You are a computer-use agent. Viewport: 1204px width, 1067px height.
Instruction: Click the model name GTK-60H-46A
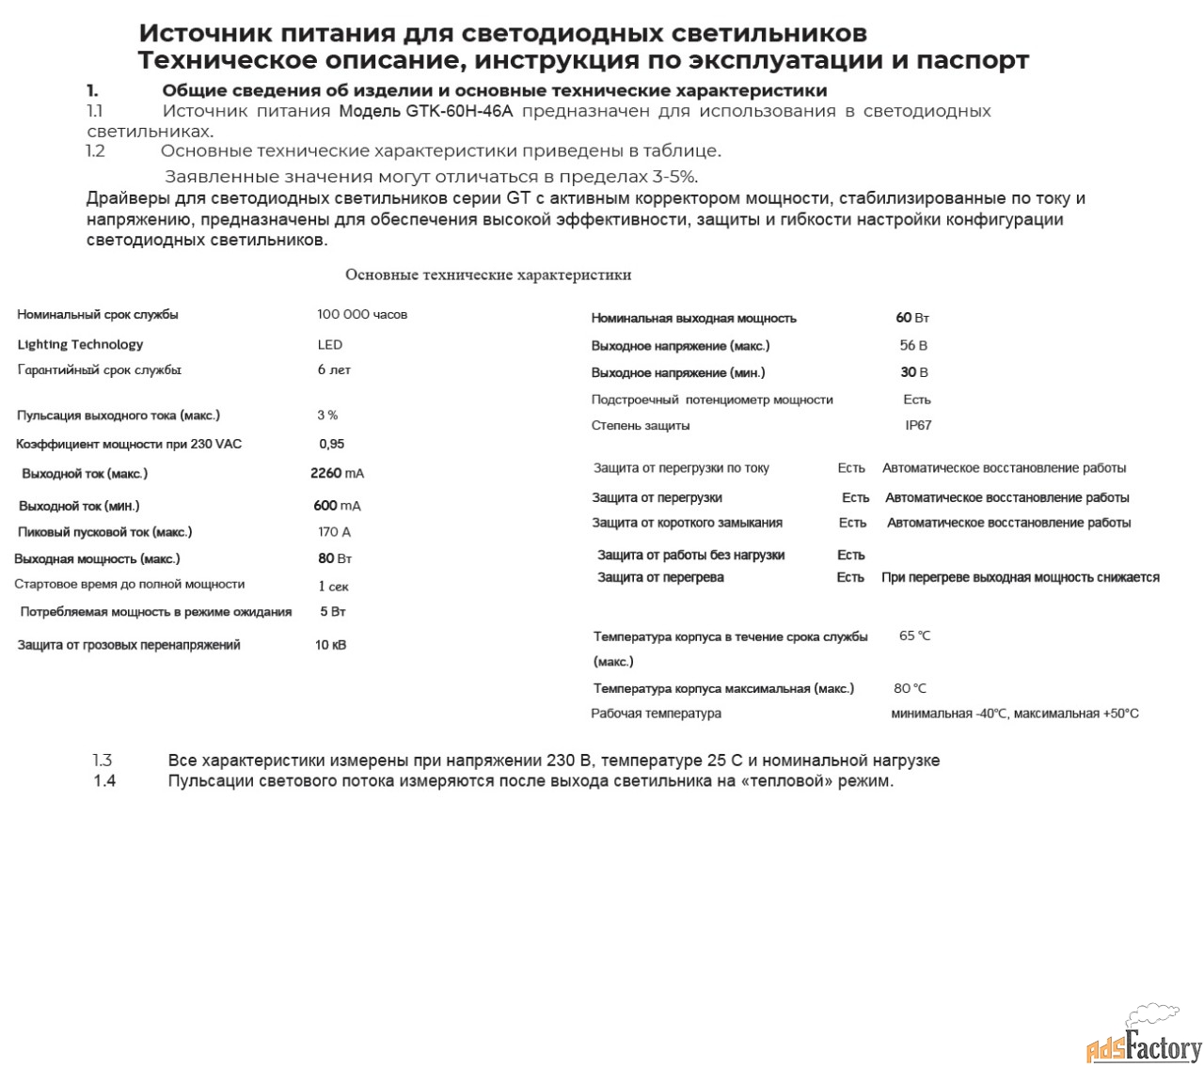[x=459, y=111]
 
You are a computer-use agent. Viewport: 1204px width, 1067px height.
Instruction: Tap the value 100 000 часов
[x=362, y=314]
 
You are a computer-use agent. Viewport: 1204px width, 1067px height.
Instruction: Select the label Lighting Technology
[x=80, y=344]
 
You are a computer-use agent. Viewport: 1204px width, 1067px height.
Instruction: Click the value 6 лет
[x=334, y=369]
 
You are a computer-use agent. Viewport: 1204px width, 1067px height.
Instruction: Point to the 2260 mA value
[x=337, y=473]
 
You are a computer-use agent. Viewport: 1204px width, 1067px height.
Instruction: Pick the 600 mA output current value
[x=337, y=506]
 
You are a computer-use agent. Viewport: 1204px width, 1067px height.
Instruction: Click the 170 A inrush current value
[x=334, y=531]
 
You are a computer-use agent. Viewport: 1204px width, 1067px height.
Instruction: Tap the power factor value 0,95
[x=331, y=444]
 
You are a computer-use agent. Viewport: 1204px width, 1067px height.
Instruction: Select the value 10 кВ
[x=330, y=645]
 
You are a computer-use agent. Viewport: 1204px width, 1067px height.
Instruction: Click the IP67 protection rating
[x=918, y=425]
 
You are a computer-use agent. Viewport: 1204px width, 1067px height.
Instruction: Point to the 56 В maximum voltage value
[x=913, y=345]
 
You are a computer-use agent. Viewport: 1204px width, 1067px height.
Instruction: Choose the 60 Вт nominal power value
[x=912, y=318]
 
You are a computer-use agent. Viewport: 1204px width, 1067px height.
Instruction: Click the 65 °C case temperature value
[x=914, y=635]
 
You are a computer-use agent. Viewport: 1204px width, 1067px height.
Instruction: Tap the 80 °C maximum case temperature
[x=910, y=688]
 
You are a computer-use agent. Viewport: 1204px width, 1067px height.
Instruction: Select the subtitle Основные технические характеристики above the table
[x=487, y=275]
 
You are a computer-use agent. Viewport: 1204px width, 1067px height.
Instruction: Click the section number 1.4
[x=104, y=780]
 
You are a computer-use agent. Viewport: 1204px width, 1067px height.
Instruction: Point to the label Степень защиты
[x=641, y=425]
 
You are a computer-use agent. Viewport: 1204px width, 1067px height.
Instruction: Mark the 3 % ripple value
[x=327, y=415]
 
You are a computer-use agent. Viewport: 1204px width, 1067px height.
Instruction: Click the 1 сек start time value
[x=333, y=586]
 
